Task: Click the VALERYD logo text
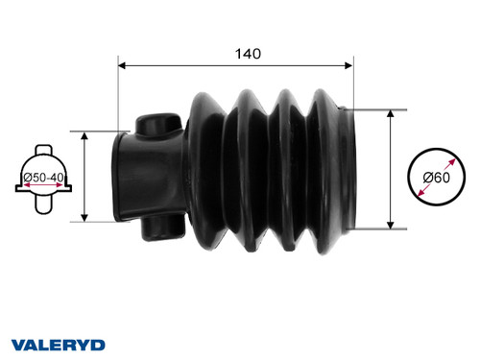click(x=58, y=344)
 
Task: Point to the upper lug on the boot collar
click(x=155, y=125)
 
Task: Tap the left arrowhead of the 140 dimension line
click(x=122, y=65)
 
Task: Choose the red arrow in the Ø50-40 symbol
click(x=42, y=186)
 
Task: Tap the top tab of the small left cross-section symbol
click(x=42, y=151)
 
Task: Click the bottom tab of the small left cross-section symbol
click(x=42, y=204)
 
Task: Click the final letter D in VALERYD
click(x=99, y=344)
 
